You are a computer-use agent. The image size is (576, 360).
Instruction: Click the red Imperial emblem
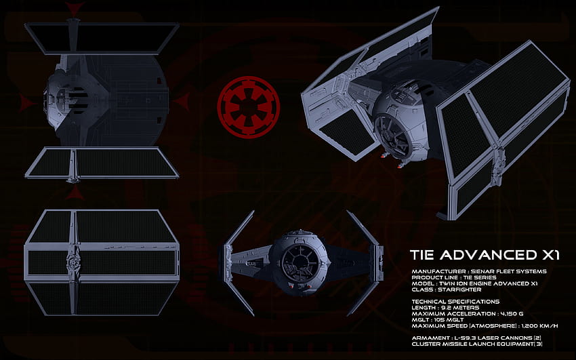(x=248, y=107)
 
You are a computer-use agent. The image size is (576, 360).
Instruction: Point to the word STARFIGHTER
(x=459, y=289)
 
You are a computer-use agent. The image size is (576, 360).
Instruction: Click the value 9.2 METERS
(x=461, y=308)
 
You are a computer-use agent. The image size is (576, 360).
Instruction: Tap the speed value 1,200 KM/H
(x=539, y=326)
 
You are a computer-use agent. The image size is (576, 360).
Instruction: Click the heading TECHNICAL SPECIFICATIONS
(x=455, y=302)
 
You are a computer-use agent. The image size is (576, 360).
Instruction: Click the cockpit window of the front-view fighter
(x=300, y=263)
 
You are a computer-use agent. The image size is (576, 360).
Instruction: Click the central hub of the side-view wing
(x=73, y=262)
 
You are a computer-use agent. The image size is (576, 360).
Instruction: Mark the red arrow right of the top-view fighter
(x=182, y=102)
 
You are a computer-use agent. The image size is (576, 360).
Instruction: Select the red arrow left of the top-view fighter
(x=26, y=102)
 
